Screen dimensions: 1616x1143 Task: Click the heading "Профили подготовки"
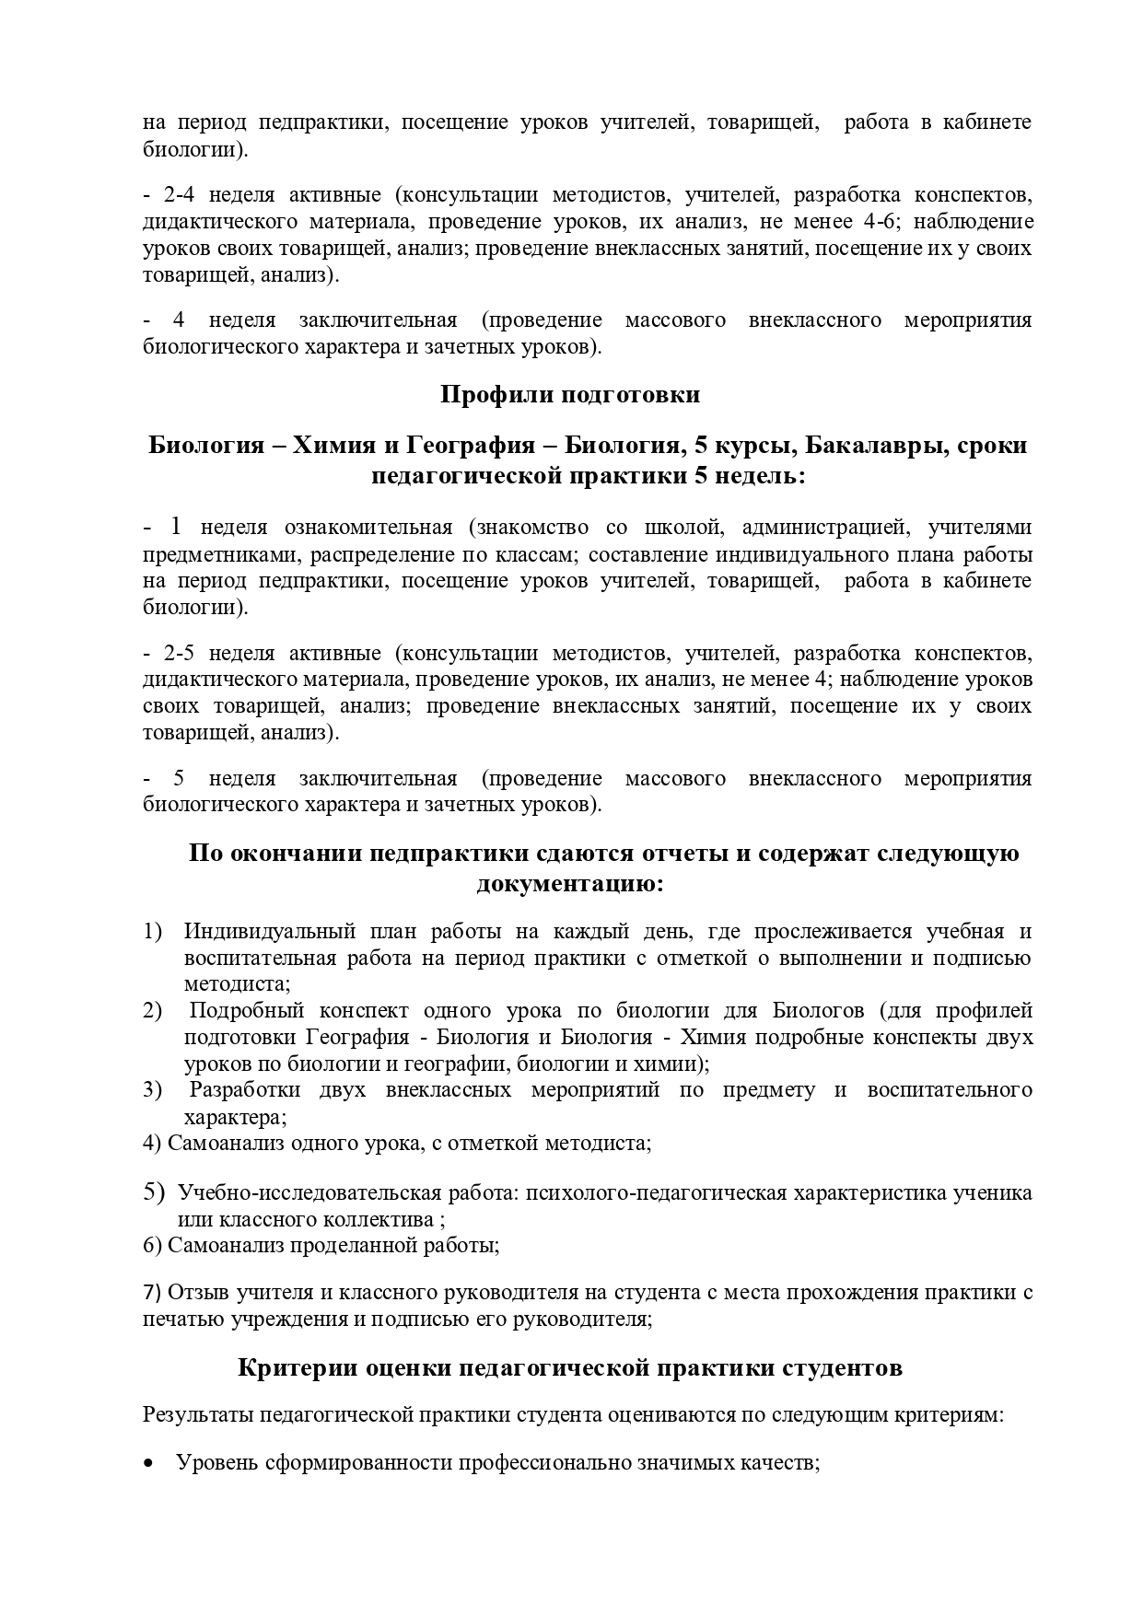click(x=570, y=395)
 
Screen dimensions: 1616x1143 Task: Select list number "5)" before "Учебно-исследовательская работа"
click(x=153, y=1192)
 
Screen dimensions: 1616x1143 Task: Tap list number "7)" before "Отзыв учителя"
click(x=152, y=1291)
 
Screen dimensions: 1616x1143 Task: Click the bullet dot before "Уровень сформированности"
click(x=149, y=1489)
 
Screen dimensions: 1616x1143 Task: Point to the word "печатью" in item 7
click(x=176, y=1318)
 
